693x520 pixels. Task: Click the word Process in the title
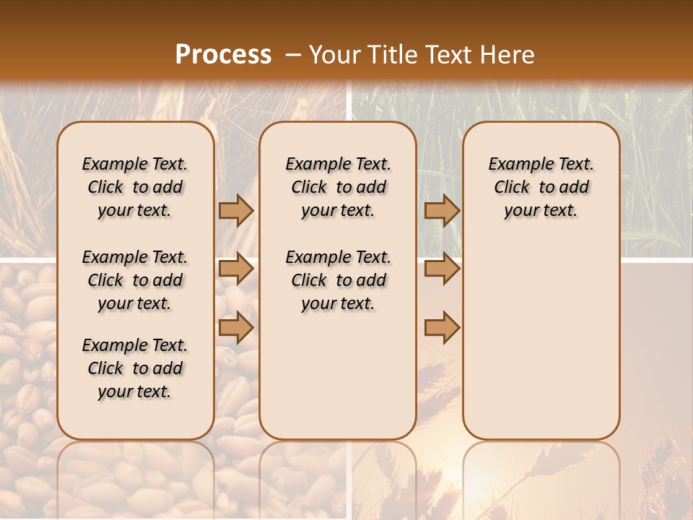coord(223,55)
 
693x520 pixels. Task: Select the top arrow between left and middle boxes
coord(236,210)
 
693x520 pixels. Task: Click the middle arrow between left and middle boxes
coord(236,269)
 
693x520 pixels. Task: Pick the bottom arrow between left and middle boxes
coord(236,327)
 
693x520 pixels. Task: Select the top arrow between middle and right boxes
coord(442,210)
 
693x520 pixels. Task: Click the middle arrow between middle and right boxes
coord(442,269)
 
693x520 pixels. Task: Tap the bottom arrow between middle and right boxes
coord(442,327)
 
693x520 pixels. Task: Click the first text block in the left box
coord(135,187)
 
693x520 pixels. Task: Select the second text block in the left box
coord(135,280)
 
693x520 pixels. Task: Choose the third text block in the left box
coord(135,368)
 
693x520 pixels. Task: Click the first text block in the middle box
coord(338,187)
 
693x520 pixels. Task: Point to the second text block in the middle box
coord(338,280)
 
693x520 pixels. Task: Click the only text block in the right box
coord(541,187)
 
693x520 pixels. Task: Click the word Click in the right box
coord(512,188)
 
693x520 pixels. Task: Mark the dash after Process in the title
coord(293,55)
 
